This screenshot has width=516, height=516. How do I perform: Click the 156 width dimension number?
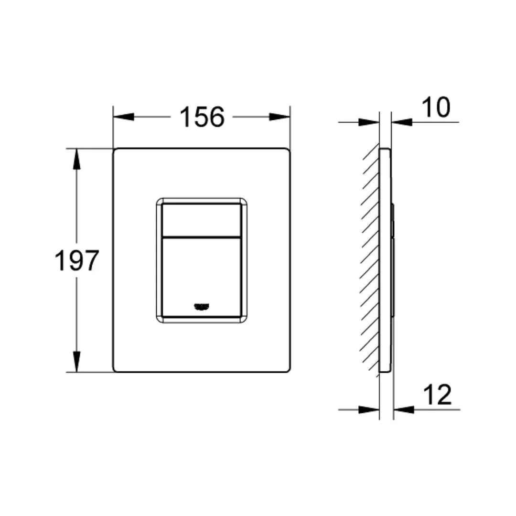(202, 117)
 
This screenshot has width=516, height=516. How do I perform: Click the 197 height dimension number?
(76, 260)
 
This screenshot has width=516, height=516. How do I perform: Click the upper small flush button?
(201, 220)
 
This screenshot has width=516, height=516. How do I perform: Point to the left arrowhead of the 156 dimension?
(123, 117)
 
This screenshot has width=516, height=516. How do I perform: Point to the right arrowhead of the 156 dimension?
(280, 117)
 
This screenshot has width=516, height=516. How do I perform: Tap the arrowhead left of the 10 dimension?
(369, 122)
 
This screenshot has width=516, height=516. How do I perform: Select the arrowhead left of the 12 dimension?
(369, 409)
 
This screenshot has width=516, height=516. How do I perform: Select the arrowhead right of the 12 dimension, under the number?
(404, 409)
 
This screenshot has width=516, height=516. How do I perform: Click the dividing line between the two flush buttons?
(201, 237)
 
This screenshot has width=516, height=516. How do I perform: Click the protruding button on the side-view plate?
(393, 260)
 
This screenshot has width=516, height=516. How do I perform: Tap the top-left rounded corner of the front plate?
(116, 151)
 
